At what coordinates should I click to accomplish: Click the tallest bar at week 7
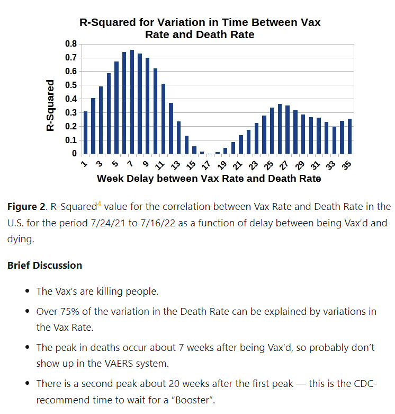(132, 102)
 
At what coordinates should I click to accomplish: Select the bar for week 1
(85, 133)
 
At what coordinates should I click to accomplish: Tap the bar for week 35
(349, 136)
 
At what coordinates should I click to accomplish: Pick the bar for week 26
(280, 129)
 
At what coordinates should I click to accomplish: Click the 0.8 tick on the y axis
(70, 43)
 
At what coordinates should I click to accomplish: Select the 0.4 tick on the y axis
(70, 99)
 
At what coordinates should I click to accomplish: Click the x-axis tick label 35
(347, 165)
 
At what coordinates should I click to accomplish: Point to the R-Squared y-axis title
(51, 105)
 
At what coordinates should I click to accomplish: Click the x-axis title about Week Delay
(209, 179)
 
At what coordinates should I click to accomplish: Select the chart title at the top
(200, 29)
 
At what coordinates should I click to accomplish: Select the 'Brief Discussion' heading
(44, 265)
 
